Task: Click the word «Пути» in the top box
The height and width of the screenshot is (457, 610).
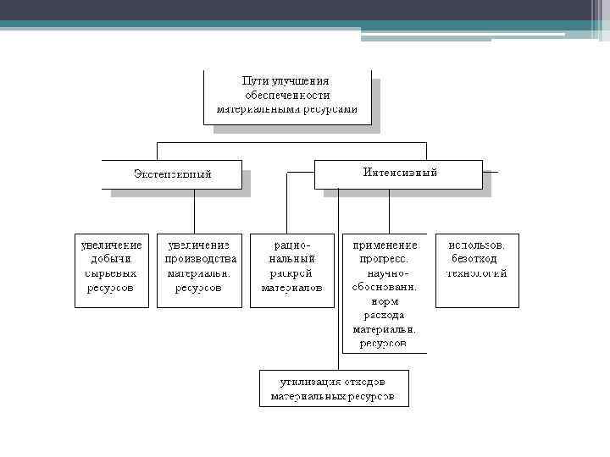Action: click(255, 80)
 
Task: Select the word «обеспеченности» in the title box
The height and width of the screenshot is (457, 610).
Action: click(286, 95)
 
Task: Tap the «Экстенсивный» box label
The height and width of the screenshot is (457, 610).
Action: click(173, 174)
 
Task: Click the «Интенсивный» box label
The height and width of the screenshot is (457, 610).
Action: click(400, 172)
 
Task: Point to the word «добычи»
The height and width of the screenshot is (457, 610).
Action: click(111, 259)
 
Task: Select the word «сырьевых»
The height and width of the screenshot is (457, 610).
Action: click(111, 273)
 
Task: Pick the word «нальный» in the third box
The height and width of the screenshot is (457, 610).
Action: click(292, 259)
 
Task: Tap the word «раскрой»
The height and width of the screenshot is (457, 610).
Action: click(292, 273)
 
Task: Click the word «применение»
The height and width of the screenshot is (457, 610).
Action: click(385, 245)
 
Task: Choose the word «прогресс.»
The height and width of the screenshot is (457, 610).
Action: click(385, 259)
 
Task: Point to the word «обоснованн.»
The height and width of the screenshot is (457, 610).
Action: click(385, 287)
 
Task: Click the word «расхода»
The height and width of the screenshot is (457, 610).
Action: click(385, 315)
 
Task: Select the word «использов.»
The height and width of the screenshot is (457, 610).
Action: click(477, 245)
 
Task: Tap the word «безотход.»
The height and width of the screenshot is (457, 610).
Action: click(477, 259)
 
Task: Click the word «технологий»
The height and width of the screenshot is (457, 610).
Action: click(477, 273)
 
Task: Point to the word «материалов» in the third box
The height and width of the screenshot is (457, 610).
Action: click(292, 288)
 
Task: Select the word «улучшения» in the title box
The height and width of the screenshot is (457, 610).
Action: click(306, 80)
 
